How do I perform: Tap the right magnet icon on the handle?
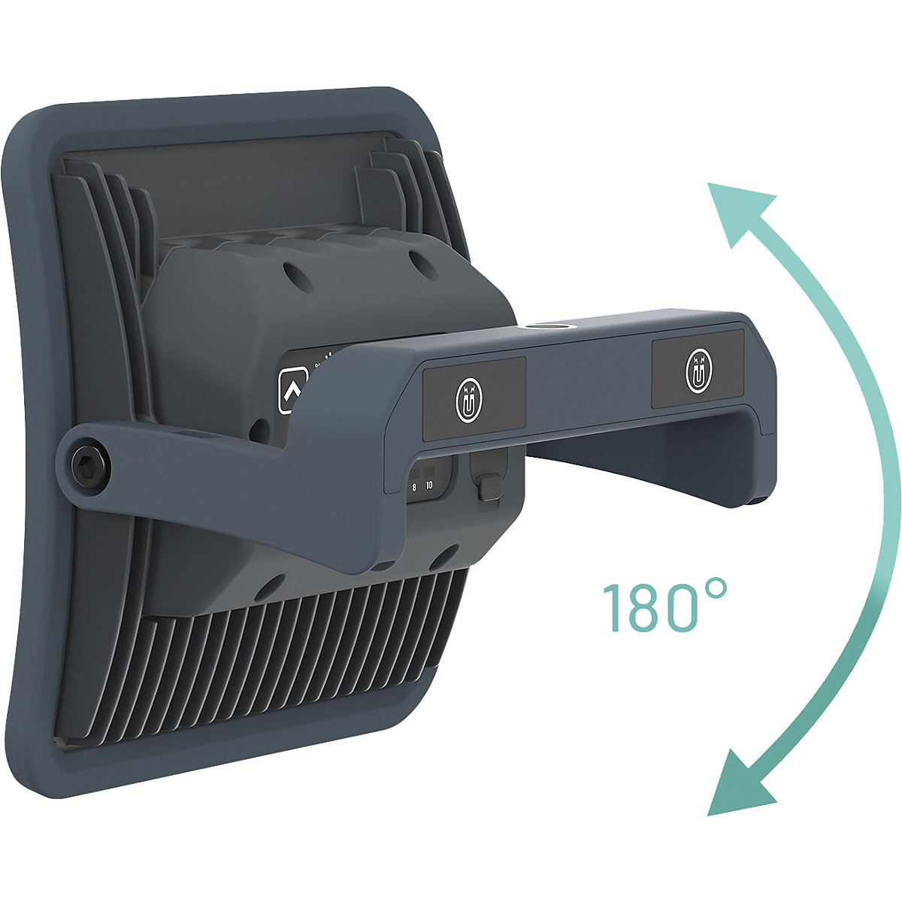click(698, 371)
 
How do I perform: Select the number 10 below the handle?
click(429, 486)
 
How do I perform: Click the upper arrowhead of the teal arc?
click(740, 211)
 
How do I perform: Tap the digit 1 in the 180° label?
click(612, 607)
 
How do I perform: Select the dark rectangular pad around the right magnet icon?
click(698, 372)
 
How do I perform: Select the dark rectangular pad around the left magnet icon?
click(473, 399)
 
